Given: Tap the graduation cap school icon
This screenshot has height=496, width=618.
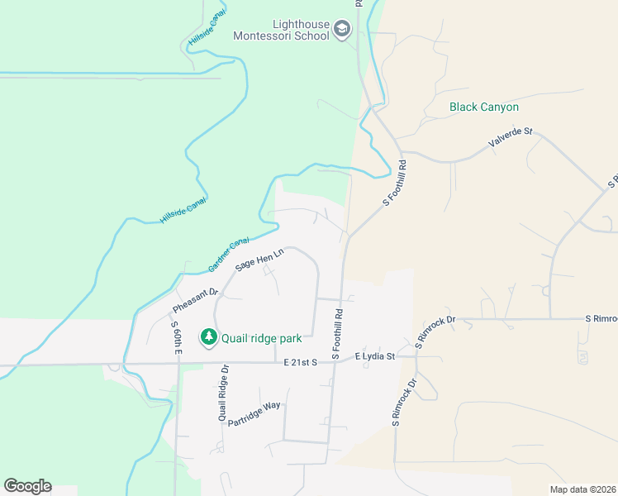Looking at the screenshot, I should tap(343, 31).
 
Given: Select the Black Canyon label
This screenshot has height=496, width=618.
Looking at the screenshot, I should tap(483, 107).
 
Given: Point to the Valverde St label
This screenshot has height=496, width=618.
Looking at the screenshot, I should tap(511, 138).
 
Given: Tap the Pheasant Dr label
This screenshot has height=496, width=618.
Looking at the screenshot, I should tap(195, 300).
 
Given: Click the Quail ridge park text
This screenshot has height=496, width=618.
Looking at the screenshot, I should tap(261, 336).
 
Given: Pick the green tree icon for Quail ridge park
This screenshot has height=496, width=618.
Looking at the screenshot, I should tap(209, 336).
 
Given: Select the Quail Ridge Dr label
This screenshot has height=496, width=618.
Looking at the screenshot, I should tap(223, 393).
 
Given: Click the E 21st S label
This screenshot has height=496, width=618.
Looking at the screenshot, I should tap(301, 363).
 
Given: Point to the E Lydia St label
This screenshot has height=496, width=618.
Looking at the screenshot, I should tap(375, 356).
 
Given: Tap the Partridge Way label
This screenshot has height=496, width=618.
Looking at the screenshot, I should tap(254, 414).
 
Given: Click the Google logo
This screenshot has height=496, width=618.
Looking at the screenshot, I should tap(27, 486).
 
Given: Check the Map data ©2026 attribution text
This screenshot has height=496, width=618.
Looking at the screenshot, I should tap(583, 489).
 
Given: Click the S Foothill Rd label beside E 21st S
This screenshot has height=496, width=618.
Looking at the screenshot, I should tap(338, 334).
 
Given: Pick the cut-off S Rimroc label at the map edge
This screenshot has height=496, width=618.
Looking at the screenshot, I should tap(601, 318).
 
